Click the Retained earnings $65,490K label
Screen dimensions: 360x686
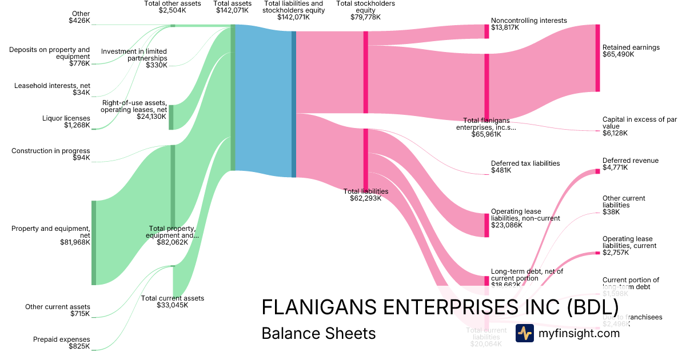(x=631, y=51)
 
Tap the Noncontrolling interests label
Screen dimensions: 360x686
(x=528, y=21)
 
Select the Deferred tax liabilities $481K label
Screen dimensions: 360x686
(x=525, y=167)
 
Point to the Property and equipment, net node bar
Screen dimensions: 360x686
(x=94, y=242)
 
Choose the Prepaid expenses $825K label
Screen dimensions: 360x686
(x=66, y=342)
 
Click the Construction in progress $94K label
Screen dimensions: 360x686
(x=51, y=154)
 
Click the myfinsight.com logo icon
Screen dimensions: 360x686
(x=524, y=333)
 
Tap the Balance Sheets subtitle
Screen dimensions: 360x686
(x=318, y=333)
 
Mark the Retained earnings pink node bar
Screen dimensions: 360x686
(x=597, y=58)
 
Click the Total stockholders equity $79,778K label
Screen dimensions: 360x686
(x=365, y=10)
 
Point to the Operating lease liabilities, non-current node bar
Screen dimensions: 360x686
(x=487, y=225)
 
